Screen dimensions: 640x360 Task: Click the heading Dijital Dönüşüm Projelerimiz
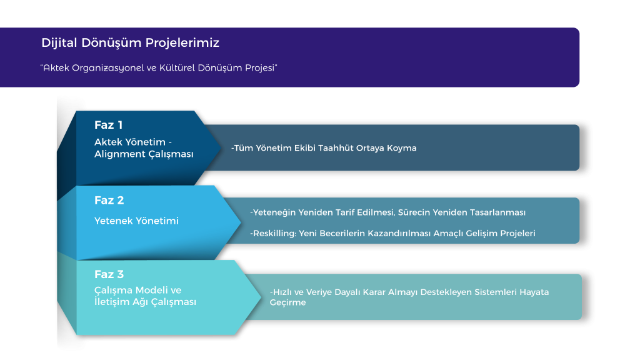[130, 43]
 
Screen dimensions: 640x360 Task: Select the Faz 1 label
[108, 125]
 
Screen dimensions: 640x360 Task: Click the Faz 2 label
[109, 201]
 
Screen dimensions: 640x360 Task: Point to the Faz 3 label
[109, 274]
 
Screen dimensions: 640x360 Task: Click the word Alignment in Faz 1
[113, 154]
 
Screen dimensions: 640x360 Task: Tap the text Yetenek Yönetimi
[136, 221]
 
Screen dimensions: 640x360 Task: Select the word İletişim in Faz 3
[111, 302]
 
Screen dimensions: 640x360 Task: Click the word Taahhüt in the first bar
[336, 147]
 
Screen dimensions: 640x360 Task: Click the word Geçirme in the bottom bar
[287, 302]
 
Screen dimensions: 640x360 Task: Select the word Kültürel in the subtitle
[177, 67]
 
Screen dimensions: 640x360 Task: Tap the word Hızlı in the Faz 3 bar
[282, 292]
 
